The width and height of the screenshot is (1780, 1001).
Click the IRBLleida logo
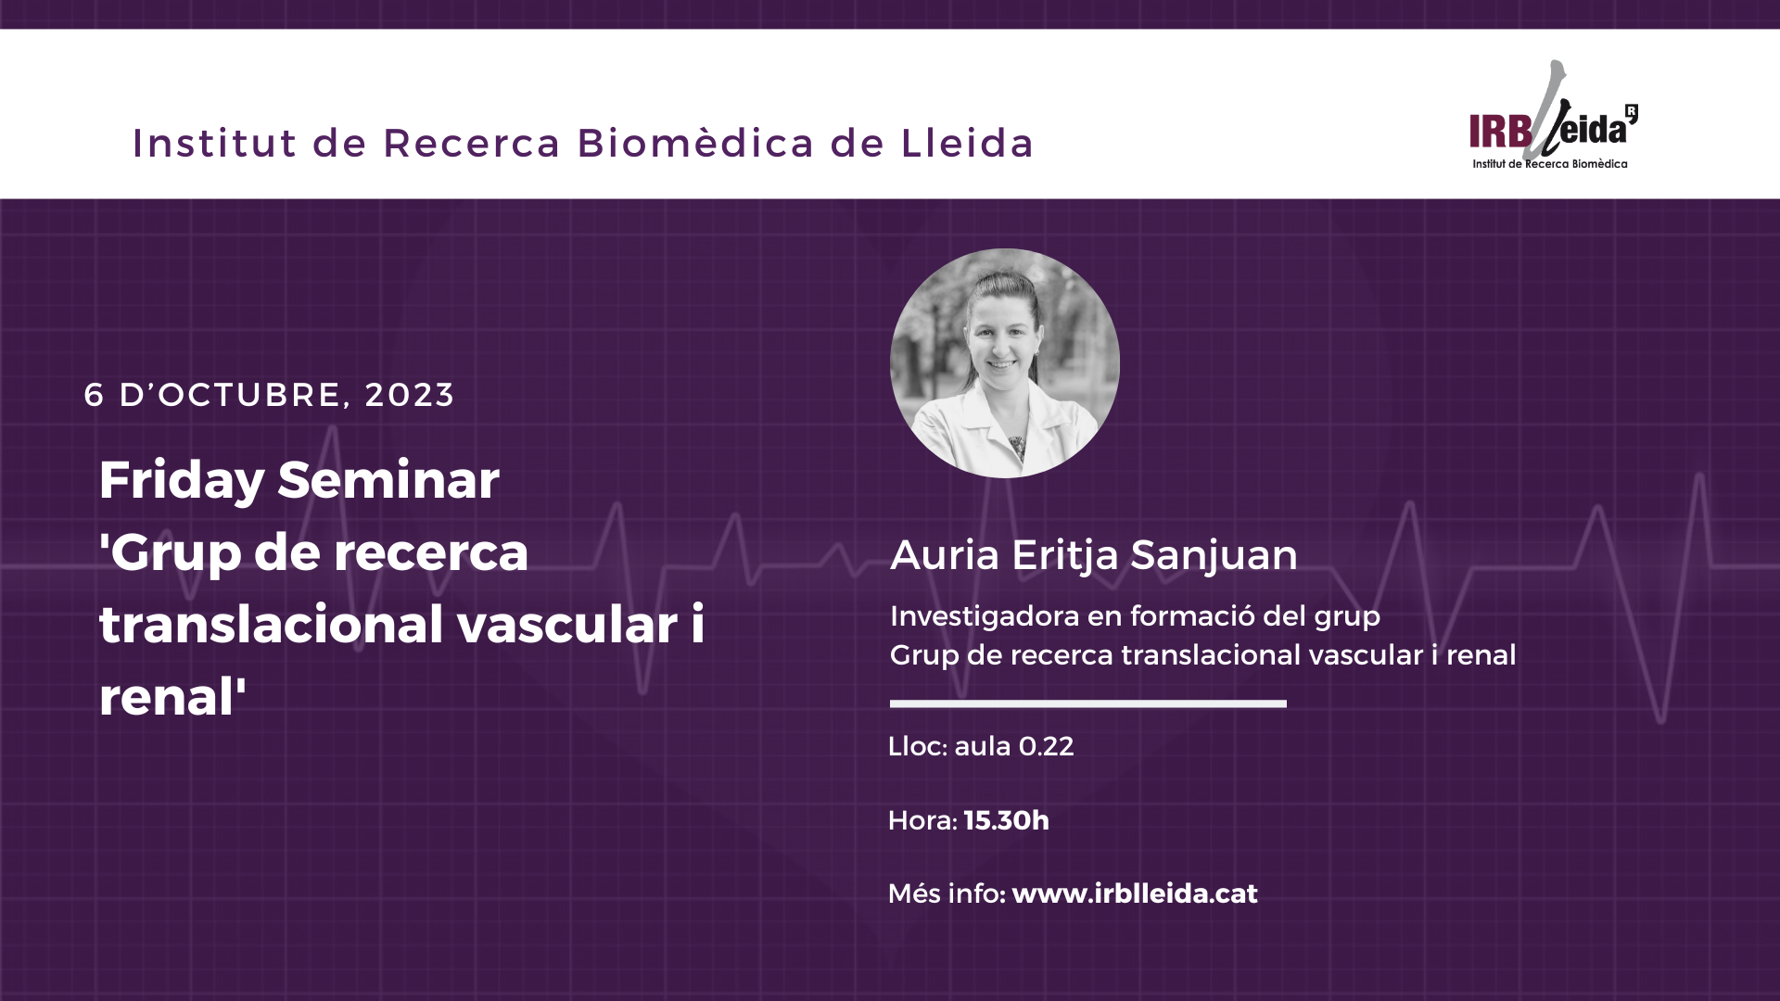[1554, 116]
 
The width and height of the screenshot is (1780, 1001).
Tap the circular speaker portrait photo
[1005, 363]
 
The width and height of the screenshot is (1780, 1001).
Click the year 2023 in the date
[409, 395]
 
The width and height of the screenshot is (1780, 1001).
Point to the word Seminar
[388, 480]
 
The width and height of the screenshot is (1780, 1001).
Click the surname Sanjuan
[1214, 555]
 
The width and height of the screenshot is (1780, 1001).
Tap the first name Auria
[945, 555]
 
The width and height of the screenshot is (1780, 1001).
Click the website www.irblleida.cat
[1135, 893]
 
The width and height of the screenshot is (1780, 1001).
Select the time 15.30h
[1006, 820]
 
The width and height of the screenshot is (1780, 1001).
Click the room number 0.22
[1046, 746]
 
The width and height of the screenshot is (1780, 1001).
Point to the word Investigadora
[983, 616]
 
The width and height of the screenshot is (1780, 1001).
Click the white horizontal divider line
[1088, 703]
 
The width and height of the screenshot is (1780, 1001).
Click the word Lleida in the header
[967, 143]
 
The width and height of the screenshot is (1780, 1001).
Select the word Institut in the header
[215, 143]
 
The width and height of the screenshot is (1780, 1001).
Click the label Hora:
[922, 820]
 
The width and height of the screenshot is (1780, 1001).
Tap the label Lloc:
[918, 746]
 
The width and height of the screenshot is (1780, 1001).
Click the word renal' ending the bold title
[172, 696]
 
